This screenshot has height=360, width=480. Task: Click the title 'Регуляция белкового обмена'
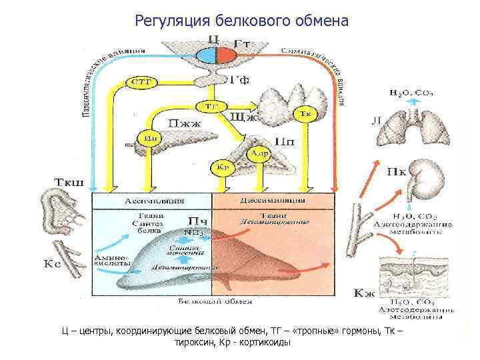[x=241, y=21]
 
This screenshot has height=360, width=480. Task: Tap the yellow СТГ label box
[x=141, y=83]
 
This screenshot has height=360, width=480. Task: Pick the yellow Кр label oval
[x=223, y=167]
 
